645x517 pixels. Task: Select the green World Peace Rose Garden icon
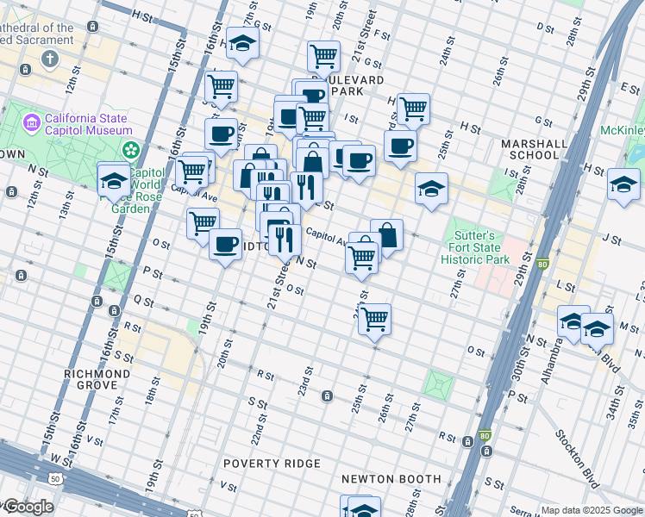(x=131, y=151)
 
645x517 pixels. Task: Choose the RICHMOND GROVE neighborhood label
(x=97, y=380)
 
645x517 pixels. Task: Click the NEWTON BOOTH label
(x=391, y=479)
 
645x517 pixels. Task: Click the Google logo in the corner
(x=28, y=507)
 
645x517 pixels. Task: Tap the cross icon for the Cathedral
(x=51, y=59)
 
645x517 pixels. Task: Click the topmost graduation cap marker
(x=243, y=43)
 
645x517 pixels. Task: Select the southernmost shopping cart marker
(x=374, y=319)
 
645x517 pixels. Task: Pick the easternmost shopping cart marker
(x=414, y=109)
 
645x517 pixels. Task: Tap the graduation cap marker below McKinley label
(x=623, y=184)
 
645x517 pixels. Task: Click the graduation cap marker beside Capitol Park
(x=114, y=178)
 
